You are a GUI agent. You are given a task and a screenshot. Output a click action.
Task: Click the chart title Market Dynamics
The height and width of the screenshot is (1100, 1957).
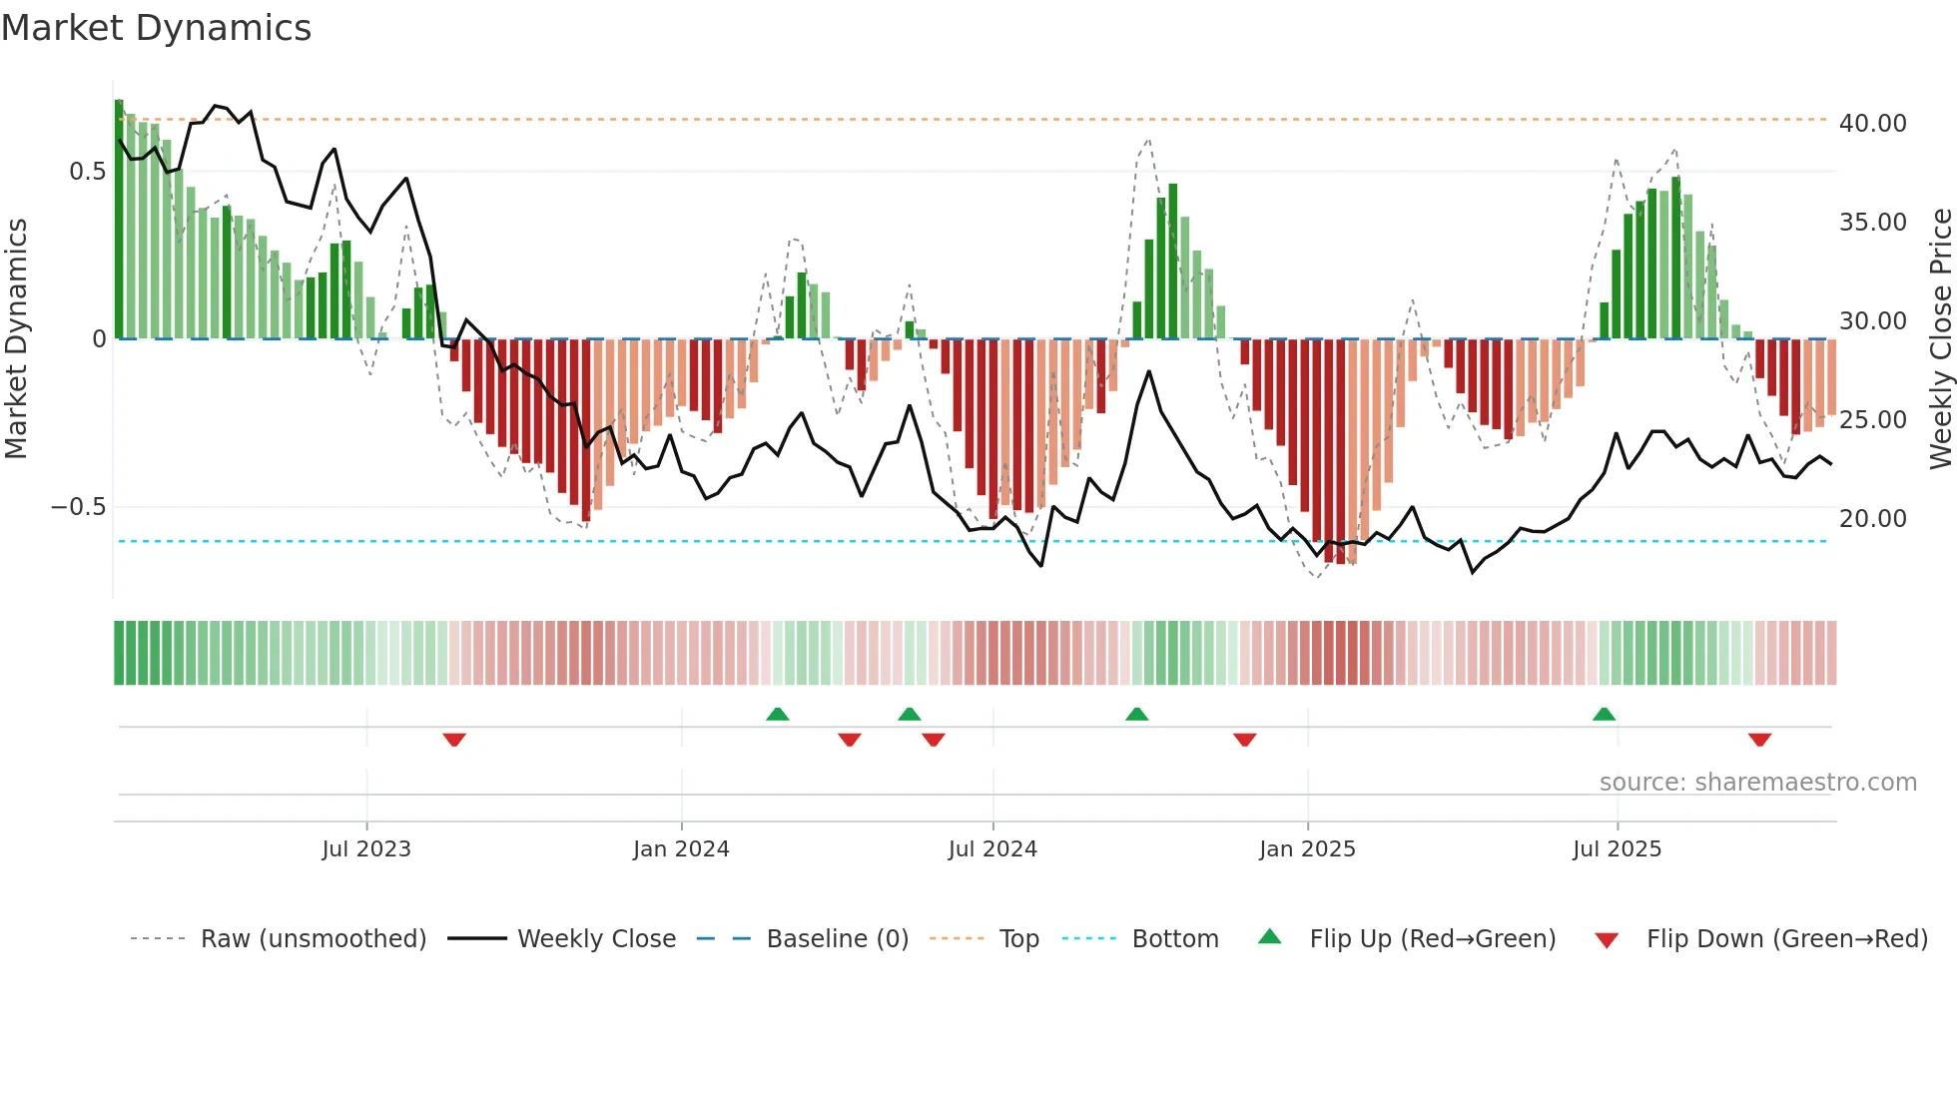click(156, 28)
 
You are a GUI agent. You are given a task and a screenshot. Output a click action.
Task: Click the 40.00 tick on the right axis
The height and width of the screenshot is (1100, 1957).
click(1872, 123)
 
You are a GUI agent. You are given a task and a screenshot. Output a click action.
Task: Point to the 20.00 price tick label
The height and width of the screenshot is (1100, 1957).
click(1872, 518)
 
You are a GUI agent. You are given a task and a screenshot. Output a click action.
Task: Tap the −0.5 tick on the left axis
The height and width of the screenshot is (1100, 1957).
click(78, 507)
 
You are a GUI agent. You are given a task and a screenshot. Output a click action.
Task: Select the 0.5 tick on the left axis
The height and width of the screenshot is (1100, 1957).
click(87, 172)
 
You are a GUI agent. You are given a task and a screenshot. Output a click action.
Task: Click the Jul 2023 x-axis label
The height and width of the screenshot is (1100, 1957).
click(366, 849)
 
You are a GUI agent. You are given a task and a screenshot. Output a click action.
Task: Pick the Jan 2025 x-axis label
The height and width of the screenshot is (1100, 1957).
click(1307, 849)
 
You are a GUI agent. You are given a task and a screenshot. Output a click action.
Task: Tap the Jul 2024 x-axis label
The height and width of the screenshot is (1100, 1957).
click(992, 849)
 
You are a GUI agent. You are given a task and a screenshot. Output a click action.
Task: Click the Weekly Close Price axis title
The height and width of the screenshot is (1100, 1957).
click(1940, 339)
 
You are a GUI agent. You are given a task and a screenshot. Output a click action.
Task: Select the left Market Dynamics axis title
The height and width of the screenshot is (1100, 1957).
click(16, 339)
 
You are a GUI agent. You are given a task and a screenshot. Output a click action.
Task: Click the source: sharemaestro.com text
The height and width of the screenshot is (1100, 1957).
click(1757, 783)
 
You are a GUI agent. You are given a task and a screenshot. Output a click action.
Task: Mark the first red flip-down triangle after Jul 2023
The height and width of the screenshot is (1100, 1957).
click(454, 740)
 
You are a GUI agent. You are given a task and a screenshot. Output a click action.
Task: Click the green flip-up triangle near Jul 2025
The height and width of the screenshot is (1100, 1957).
click(1604, 714)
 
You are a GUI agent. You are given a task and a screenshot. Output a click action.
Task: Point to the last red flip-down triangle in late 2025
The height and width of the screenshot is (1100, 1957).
click(1759, 740)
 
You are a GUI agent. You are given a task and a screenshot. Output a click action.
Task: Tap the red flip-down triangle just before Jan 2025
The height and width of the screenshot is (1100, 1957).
click(1244, 740)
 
